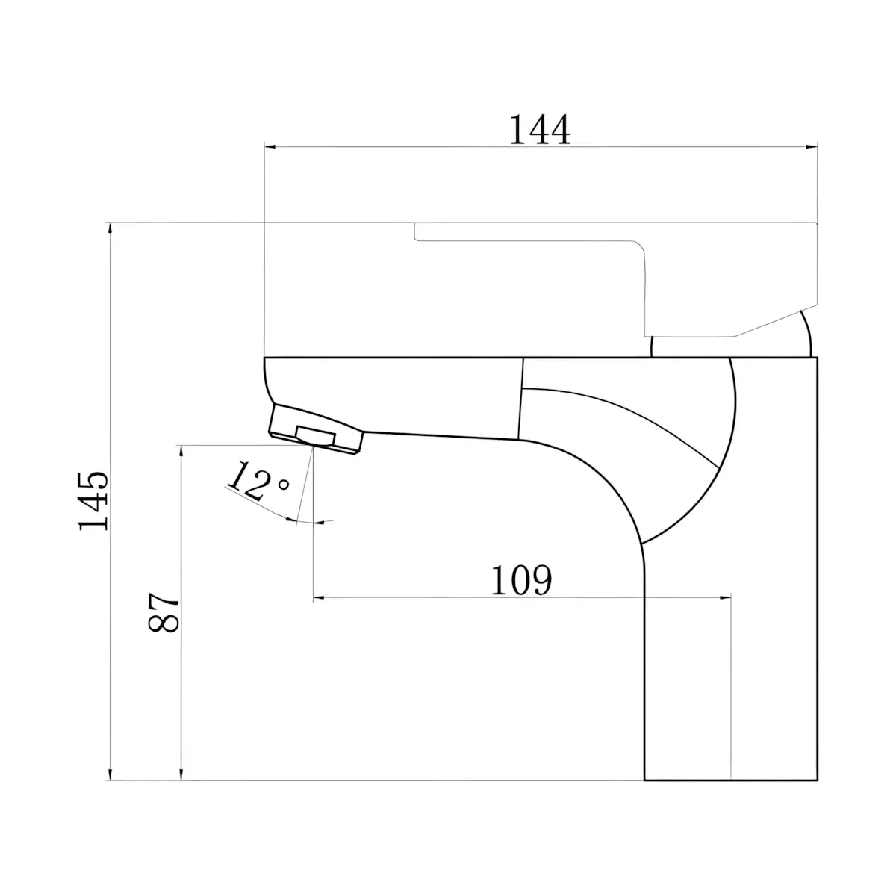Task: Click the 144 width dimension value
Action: point(539,130)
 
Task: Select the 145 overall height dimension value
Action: point(93,501)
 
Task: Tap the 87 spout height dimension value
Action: point(164,612)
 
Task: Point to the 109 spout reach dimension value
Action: point(521,580)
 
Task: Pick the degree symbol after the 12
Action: point(283,485)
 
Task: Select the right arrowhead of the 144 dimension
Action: point(811,147)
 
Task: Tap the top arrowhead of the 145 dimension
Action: point(111,230)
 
